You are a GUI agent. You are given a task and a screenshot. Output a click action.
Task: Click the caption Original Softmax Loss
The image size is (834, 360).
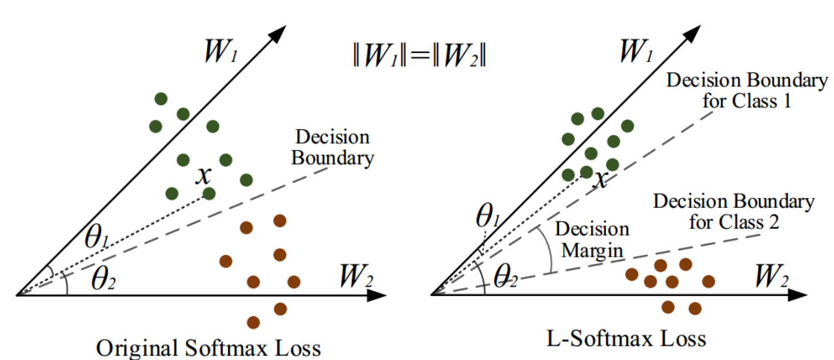[208, 347]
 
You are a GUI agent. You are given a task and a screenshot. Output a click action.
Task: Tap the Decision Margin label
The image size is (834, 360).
[591, 239]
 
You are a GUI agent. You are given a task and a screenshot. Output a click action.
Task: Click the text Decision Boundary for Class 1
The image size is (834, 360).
[746, 91]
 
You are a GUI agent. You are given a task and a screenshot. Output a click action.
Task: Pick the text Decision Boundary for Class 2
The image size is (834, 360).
[734, 211]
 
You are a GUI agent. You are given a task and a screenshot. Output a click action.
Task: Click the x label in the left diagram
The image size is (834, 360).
[204, 174]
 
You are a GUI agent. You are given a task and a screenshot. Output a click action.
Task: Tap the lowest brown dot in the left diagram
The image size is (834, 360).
[254, 322]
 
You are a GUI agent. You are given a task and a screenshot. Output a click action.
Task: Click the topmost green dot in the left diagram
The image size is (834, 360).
[161, 99]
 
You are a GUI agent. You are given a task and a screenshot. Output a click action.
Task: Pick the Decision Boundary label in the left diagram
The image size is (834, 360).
[332, 148]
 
